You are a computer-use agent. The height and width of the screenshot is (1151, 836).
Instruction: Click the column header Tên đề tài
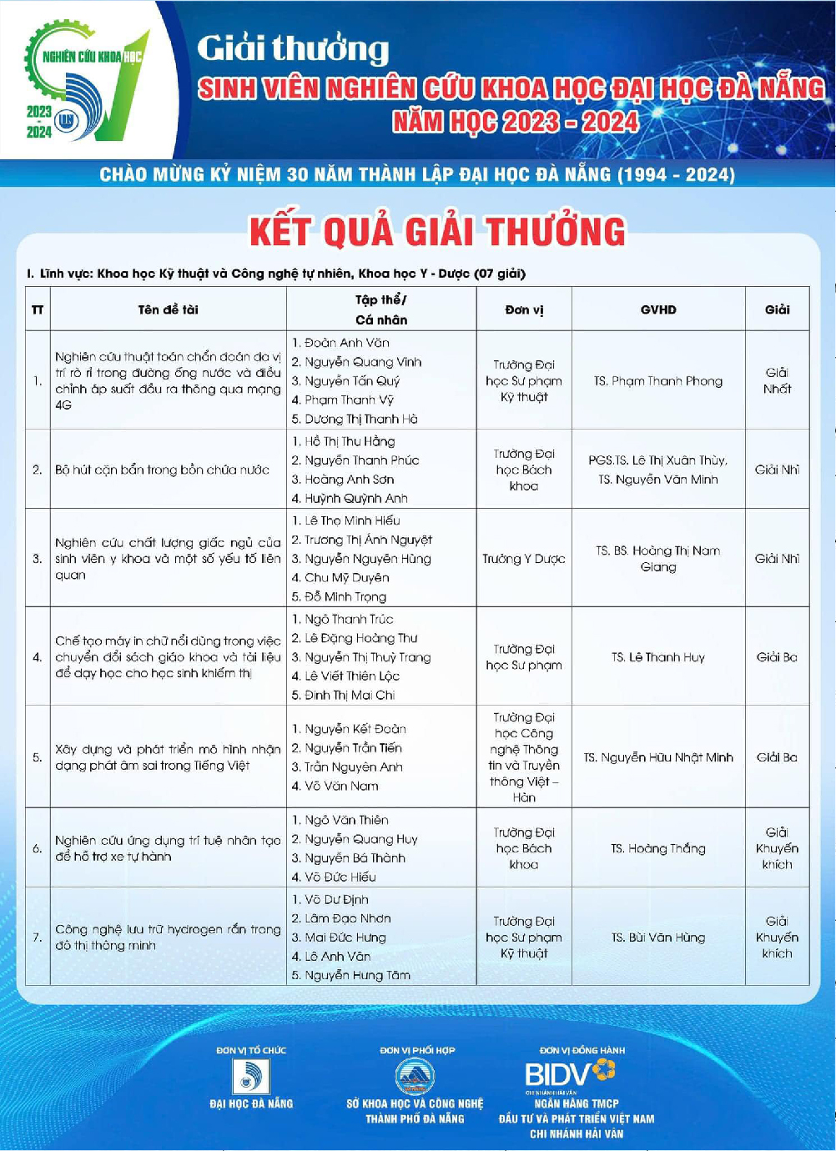168,309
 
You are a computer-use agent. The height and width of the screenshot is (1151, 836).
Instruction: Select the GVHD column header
658,309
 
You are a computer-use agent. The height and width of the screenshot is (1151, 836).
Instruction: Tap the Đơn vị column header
524,309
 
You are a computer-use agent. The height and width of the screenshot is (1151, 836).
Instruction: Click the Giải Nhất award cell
777,380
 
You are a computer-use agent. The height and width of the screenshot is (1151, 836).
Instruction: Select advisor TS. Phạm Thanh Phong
658,381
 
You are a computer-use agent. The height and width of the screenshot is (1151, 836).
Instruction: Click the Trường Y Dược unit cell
524,559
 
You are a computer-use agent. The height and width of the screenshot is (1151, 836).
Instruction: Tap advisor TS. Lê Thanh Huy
658,657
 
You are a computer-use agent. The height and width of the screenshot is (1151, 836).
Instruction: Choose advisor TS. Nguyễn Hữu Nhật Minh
658,757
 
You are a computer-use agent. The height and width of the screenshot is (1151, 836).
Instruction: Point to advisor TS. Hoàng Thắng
658,848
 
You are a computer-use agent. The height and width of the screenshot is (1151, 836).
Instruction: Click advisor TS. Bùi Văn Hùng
658,937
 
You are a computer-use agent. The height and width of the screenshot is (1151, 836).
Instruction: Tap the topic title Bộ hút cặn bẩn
163,470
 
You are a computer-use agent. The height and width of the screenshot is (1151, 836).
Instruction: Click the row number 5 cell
38,757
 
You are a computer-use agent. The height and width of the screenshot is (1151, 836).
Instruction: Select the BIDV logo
571,1073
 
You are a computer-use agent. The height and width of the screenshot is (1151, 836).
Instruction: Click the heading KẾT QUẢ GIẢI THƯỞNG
437,232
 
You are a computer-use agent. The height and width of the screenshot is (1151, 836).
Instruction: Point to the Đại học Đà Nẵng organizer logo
250,1077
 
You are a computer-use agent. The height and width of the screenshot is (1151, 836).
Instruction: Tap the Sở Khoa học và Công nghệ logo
414,1077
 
